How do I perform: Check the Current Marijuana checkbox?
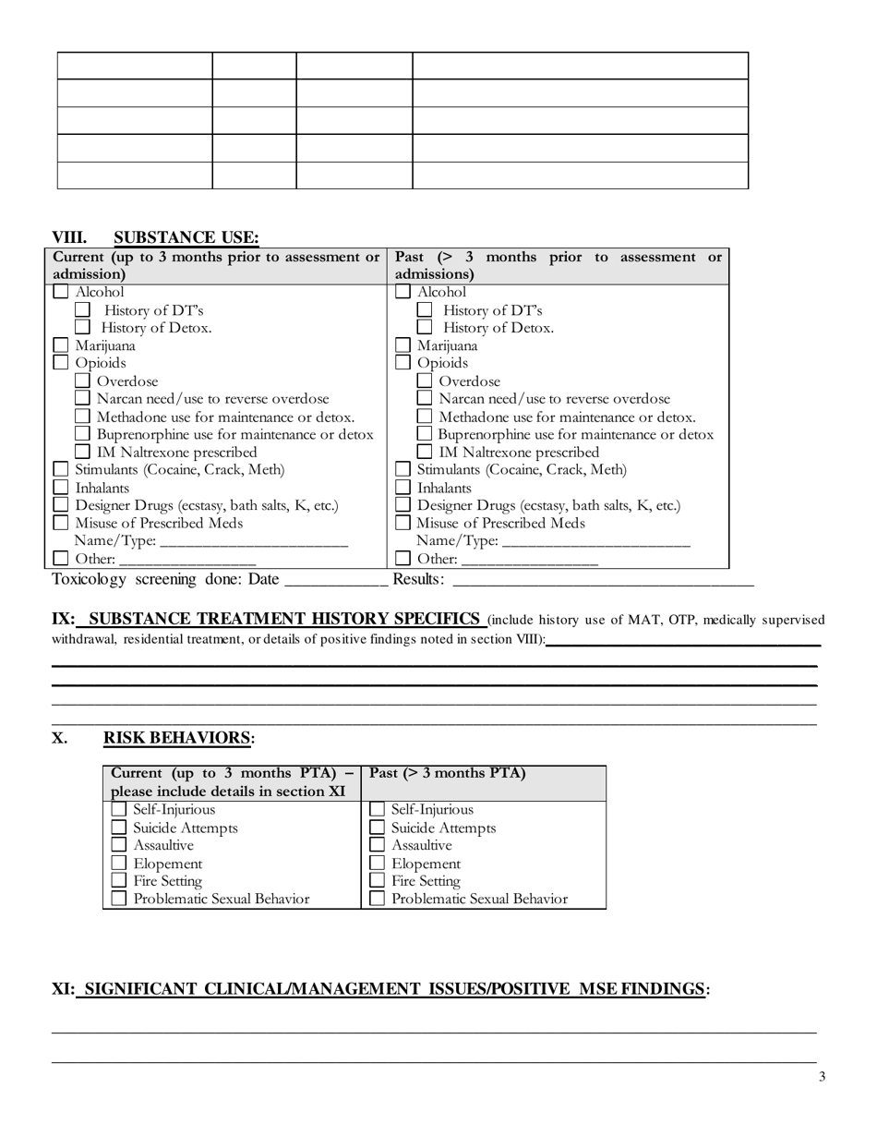pos(61,346)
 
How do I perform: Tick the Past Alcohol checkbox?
pos(403,293)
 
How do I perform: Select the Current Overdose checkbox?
pos(82,381)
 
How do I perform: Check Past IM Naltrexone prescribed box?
pos(425,453)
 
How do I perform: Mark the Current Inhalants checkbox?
pos(61,488)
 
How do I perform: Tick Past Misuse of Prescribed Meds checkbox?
pos(403,524)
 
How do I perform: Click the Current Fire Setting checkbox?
pos(119,881)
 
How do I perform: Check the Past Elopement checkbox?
pos(378,864)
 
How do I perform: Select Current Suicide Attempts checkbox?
pos(119,828)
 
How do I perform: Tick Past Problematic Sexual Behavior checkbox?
pos(378,899)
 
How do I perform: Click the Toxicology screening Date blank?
pos(336,581)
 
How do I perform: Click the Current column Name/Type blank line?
pos(254,542)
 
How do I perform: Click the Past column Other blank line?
pos(530,560)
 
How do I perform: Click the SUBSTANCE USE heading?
pos(186,238)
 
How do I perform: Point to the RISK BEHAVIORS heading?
pos(177,738)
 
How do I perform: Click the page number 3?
pos(822,1077)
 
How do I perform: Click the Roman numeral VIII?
pos(69,238)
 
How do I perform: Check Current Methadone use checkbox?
pos(82,417)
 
